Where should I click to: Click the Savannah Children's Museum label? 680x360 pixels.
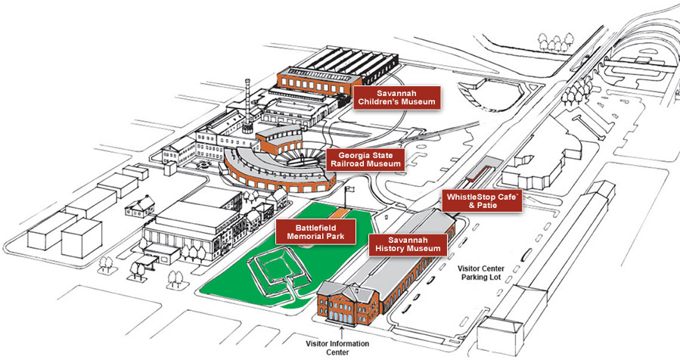click(396, 98)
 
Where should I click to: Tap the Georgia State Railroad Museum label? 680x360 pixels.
click(365, 160)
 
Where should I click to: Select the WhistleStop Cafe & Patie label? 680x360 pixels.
click(481, 200)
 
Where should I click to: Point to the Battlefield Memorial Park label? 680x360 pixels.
click(315, 231)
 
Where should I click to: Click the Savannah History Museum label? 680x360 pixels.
click(407, 244)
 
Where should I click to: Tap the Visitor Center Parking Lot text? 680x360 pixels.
click(489, 273)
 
